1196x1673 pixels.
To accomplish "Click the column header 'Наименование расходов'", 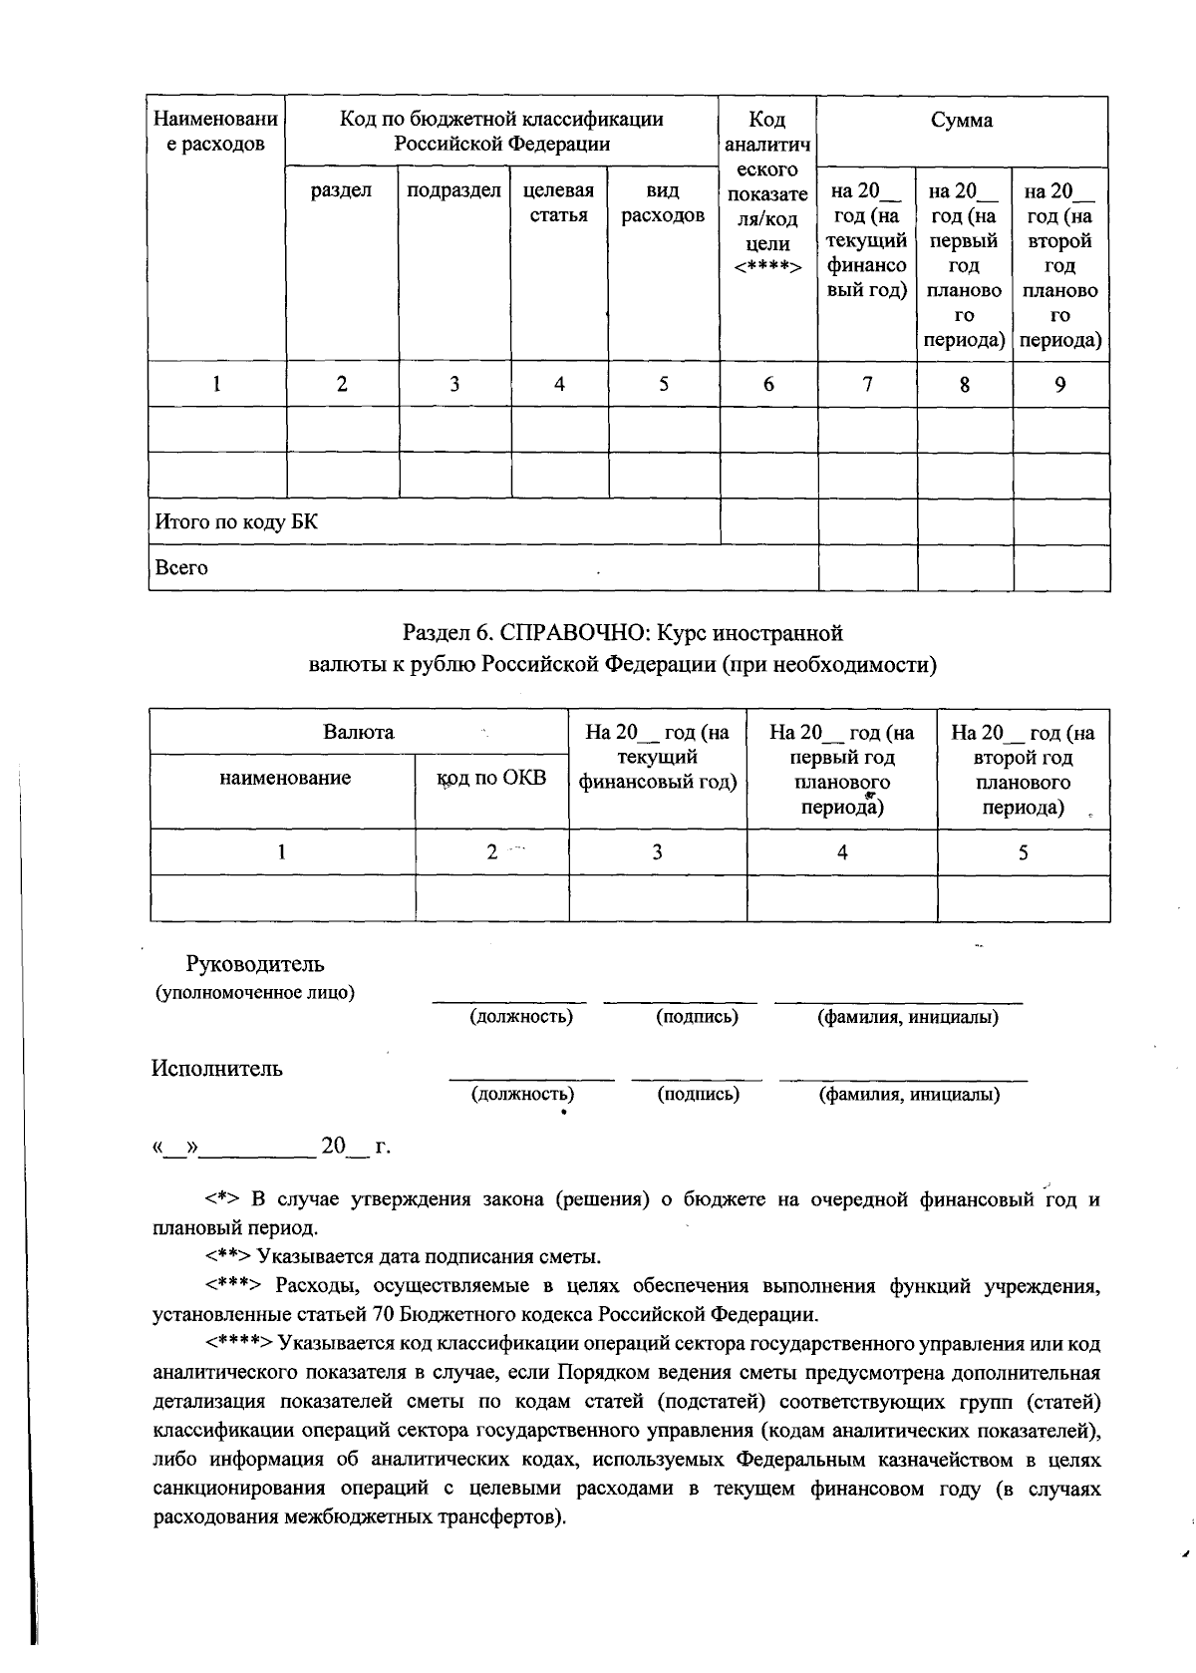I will pyautogui.click(x=215, y=132).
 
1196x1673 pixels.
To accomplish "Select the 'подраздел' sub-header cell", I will pyautogui.click(x=453, y=191).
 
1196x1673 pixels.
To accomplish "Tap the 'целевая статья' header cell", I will pyautogui.click(x=558, y=203).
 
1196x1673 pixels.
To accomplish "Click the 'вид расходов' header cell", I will pyautogui.click(x=663, y=203).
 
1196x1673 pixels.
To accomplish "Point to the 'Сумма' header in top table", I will pyautogui.click(x=962, y=121).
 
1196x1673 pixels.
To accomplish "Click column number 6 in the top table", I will pyautogui.click(x=768, y=385).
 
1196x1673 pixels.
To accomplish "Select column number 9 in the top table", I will pyautogui.click(x=1060, y=385).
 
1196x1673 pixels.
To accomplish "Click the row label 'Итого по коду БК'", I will pyautogui.click(x=236, y=522).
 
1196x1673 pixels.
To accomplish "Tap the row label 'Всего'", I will pyautogui.click(x=181, y=568).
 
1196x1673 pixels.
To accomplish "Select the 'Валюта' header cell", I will pyautogui.click(x=359, y=733).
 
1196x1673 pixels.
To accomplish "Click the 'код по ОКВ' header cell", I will pyautogui.click(x=492, y=779).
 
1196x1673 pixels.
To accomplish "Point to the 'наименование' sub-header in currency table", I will pyautogui.click(x=285, y=779).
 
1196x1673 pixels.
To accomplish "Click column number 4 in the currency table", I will pyautogui.click(x=842, y=852).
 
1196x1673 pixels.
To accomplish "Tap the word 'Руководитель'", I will pyautogui.click(x=255, y=965).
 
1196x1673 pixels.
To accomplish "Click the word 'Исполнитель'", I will pyautogui.click(x=217, y=1069).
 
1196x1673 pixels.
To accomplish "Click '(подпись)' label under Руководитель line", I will pyautogui.click(x=697, y=1017).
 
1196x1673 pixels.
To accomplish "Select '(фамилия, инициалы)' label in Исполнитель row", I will pyautogui.click(x=909, y=1095).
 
